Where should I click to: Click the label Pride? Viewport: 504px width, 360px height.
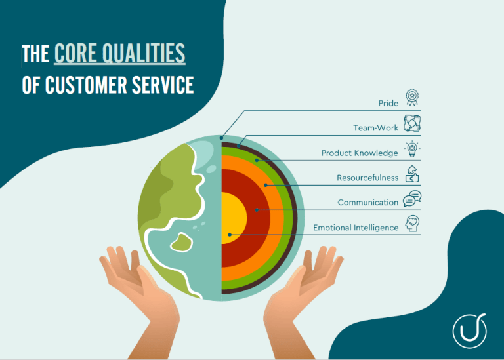[x=388, y=103]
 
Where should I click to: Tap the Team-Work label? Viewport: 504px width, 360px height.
[x=375, y=128]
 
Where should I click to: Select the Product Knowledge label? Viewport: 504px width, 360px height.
[x=359, y=153]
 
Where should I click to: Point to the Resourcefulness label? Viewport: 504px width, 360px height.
[x=367, y=178]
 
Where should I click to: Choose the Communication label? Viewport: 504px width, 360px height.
[x=367, y=203]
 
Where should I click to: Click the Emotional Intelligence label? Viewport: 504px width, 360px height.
[x=355, y=228]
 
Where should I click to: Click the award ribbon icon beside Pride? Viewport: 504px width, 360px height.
[x=411, y=98]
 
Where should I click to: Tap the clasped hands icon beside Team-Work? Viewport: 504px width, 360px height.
[x=411, y=123]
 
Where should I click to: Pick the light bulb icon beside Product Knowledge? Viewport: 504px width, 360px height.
[x=411, y=148]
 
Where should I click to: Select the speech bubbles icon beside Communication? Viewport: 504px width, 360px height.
[x=411, y=198]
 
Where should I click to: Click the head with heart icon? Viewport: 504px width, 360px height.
[x=412, y=223]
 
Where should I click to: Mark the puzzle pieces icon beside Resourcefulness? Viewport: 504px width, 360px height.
[x=411, y=173]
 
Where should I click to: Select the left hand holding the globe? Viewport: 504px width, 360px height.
[x=141, y=289]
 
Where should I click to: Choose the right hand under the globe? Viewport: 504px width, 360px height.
[x=302, y=289]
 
